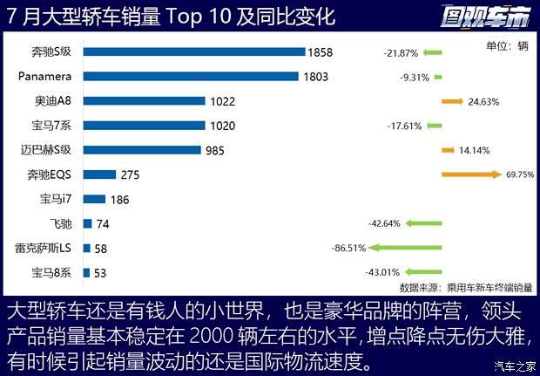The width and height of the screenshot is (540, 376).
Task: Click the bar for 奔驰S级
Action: pos(193,52)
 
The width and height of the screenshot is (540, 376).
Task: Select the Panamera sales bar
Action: pos(192,77)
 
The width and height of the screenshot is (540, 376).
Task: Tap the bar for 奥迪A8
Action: pos(144,101)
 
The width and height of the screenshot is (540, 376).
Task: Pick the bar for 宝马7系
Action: pos(144,126)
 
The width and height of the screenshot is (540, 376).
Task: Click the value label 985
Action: pos(214,150)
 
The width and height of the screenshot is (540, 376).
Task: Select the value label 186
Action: pos(119,200)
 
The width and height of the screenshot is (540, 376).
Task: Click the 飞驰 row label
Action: pos(62,223)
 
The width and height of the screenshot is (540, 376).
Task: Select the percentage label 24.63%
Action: pos(483,102)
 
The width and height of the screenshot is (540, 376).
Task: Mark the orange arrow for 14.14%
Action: pos(449,150)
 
